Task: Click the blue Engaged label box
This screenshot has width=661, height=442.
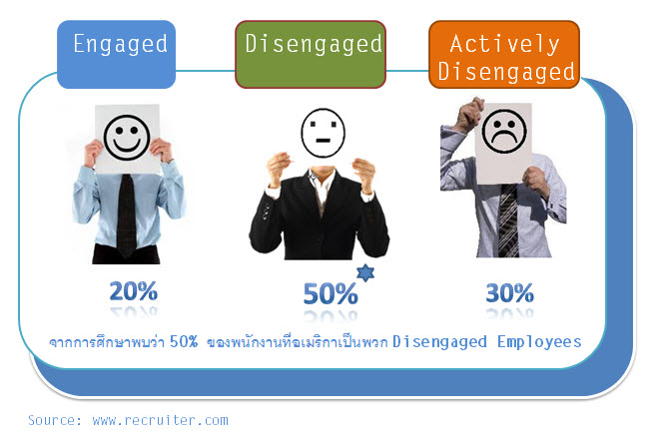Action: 117,54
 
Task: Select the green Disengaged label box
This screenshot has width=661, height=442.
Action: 311,54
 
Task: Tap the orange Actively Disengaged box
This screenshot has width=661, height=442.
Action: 504,54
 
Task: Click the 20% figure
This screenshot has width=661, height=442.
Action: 133,291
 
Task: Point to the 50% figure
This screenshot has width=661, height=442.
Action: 330,293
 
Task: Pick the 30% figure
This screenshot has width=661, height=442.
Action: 509,293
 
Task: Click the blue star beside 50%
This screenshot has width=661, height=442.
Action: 365,272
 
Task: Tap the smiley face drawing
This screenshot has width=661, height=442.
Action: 127,138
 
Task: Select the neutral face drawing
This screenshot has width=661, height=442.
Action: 323,133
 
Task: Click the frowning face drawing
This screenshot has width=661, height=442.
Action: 504,131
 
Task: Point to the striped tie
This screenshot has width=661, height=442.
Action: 509,220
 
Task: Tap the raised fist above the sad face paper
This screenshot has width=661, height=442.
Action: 469,114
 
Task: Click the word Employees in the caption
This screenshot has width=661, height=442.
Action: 539,341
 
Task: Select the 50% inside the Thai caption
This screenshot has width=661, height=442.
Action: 184,341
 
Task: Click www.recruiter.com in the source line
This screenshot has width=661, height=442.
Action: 160,420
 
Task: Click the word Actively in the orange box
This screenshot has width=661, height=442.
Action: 504,44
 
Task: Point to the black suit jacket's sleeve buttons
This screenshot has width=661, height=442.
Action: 266,212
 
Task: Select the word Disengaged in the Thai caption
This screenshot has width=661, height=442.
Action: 439,341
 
